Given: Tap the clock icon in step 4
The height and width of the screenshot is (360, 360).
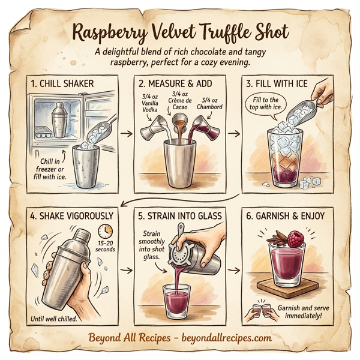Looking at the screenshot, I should tap(106, 231).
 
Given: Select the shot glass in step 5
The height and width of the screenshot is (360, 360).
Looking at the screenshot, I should tap(178, 298).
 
